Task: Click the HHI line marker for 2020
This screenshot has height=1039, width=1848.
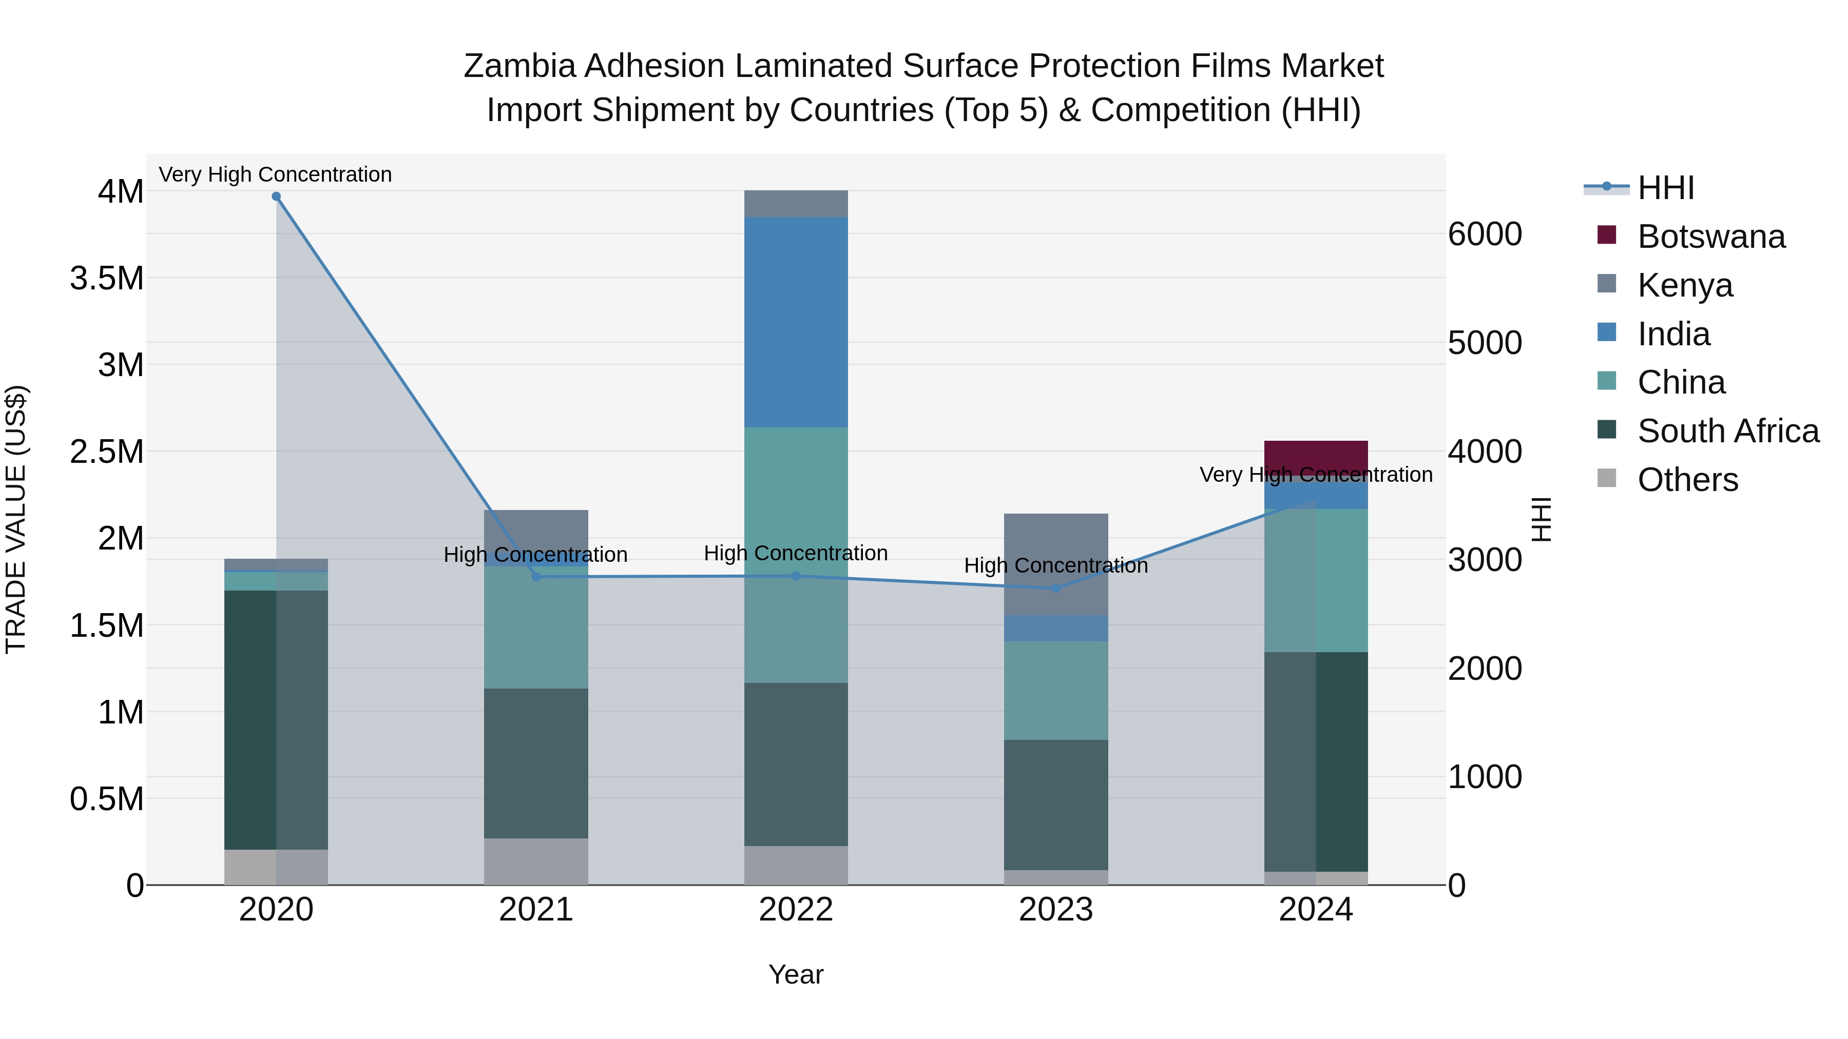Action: [276, 197]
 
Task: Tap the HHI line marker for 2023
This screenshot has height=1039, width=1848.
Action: [1055, 589]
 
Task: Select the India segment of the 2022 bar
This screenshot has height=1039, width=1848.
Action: [796, 323]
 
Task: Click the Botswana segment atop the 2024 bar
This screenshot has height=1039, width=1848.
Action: [1316, 455]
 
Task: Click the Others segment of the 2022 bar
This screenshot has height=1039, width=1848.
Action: [796, 866]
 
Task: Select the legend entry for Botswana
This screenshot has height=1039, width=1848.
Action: [1711, 237]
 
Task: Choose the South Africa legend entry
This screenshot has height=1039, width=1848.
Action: [1727, 431]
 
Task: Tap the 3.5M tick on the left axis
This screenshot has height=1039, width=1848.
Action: [107, 278]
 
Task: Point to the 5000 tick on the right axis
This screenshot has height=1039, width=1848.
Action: [1484, 343]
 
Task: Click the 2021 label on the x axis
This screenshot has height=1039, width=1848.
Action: [536, 910]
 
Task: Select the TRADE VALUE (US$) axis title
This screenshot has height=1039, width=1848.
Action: [16, 519]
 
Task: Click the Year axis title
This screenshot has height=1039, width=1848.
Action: [796, 974]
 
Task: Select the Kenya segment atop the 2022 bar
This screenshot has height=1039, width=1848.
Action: [796, 204]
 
